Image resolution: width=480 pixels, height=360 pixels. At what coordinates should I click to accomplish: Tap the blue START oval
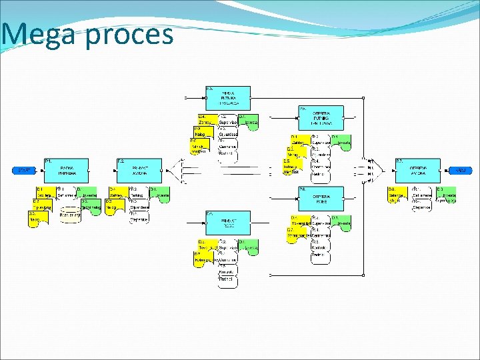[x=25, y=171]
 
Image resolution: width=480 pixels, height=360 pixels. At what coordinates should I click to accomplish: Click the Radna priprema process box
[x=67, y=171]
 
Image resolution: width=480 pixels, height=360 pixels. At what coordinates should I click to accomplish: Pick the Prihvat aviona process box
[x=139, y=171]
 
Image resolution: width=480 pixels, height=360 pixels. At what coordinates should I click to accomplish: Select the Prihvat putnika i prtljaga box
[x=227, y=97]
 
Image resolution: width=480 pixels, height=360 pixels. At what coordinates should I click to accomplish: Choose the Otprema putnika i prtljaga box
[x=321, y=117]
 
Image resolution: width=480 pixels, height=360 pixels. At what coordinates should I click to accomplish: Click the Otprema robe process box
[x=321, y=197]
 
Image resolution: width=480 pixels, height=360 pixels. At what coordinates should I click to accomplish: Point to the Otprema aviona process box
[x=418, y=171]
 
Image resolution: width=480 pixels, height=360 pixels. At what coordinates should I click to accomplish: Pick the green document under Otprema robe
[x=341, y=222]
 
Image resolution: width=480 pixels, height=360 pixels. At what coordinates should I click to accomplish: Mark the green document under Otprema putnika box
[x=341, y=141]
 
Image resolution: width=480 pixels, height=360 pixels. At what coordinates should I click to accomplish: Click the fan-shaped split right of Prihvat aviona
[x=178, y=171]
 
